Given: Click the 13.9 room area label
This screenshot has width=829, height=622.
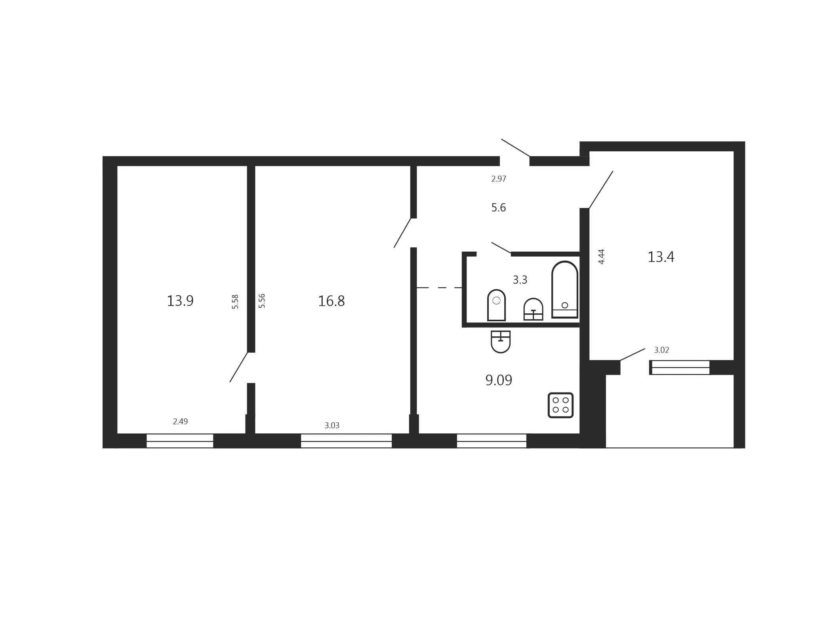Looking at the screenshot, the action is click(180, 301).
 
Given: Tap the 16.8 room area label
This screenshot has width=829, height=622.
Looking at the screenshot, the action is click(332, 301).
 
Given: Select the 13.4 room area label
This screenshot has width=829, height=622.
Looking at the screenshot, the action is click(661, 257).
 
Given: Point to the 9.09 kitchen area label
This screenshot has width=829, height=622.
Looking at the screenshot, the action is click(499, 380).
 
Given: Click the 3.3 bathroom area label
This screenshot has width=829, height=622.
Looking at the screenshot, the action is click(520, 280).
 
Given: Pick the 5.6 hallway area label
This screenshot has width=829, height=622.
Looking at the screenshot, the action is click(499, 208).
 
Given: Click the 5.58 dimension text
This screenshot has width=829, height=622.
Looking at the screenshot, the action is click(235, 301).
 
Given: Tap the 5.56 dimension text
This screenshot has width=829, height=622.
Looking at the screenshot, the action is click(262, 301).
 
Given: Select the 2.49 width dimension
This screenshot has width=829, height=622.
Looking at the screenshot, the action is click(180, 422).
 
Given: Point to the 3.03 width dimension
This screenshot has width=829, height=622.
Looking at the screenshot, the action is click(332, 425).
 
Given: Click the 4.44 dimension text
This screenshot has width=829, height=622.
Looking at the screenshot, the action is click(601, 257).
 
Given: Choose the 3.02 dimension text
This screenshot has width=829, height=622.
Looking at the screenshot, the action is click(661, 350).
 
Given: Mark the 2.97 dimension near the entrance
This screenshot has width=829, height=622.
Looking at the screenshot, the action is click(499, 179).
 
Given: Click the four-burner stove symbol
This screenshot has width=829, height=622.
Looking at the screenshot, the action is click(560, 405).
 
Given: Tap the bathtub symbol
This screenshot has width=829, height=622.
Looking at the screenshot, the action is click(565, 290).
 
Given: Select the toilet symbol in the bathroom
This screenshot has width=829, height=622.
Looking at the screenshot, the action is click(496, 305).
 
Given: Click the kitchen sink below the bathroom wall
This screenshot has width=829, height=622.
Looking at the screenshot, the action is click(501, 342).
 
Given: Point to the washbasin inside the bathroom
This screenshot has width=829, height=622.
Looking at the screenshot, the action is click(533, 309).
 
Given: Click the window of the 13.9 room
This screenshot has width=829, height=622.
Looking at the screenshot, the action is click(180, 441).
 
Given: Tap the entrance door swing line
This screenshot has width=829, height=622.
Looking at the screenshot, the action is click(516, 148).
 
